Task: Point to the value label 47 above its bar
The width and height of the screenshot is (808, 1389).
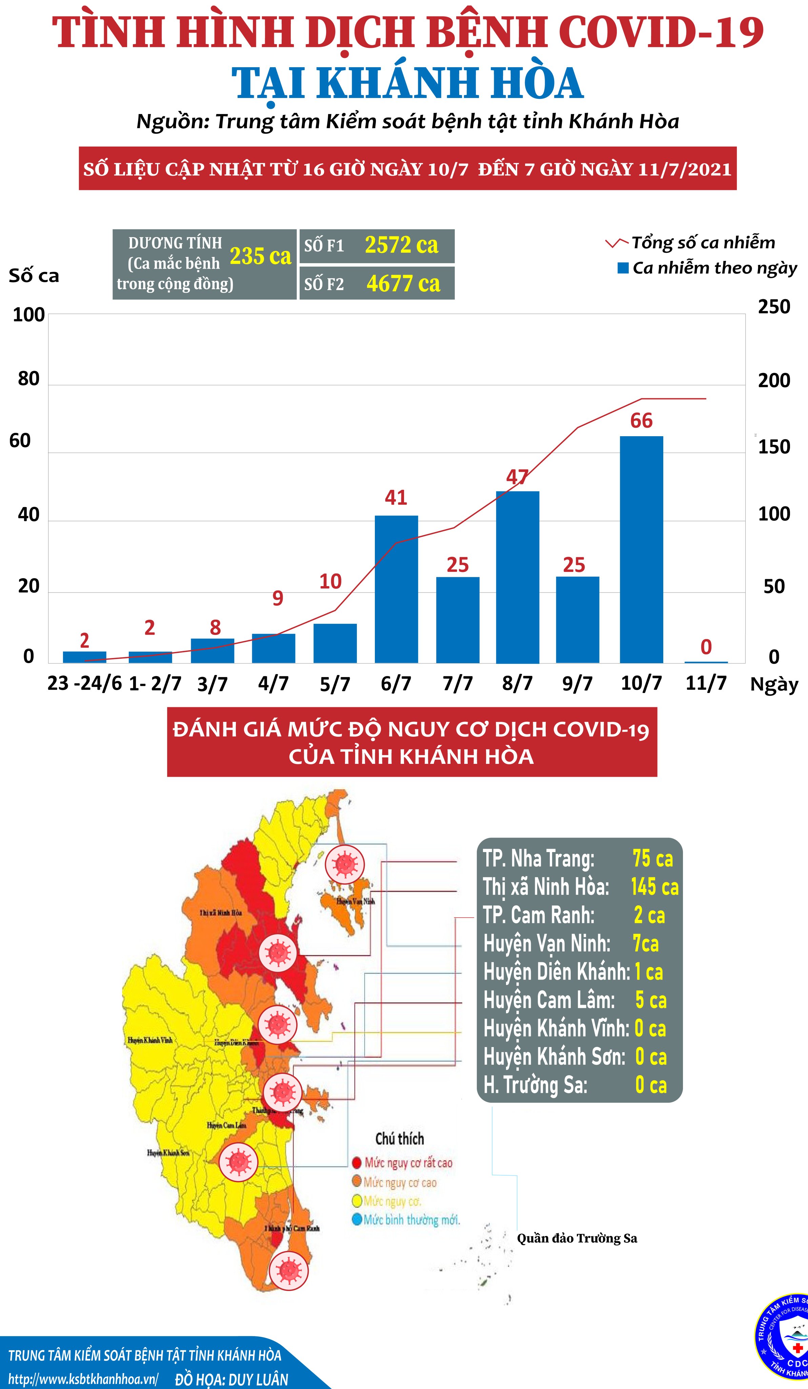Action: click(517, 477)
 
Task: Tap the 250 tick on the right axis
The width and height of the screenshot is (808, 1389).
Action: click(773, 307)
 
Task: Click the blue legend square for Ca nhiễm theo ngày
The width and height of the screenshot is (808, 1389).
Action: click(623, 268)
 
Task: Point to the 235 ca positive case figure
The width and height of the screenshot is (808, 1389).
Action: click(260, 256)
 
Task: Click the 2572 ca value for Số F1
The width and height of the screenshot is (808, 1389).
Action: click(402, 245)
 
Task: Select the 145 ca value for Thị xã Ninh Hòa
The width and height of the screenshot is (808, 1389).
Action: click(654, 887)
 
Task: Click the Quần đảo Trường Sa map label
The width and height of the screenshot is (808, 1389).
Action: click(577, 1238)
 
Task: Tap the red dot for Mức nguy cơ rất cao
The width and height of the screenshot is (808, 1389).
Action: click(356, 1163)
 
